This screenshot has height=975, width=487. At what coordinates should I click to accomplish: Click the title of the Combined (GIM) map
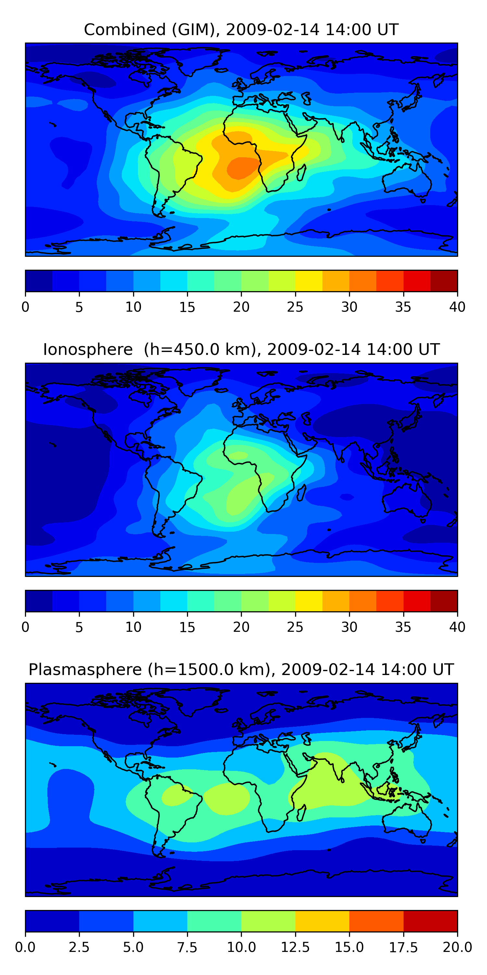(x=241, y=30)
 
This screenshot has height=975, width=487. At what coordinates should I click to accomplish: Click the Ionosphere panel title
(x=241, y=349)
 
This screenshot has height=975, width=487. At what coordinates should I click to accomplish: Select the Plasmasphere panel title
(x=241, y=669)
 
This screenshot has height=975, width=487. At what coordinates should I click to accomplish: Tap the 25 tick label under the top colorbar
(x=295, y=307)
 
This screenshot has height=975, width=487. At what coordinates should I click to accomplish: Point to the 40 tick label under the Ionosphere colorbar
(x=457, y=627)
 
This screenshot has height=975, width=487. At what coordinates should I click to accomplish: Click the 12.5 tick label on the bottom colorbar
(x=295, y=947)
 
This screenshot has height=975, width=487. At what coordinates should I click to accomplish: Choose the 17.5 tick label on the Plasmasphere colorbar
(x=403, y=947)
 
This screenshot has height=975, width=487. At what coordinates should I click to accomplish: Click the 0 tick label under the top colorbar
(x=25, y=307)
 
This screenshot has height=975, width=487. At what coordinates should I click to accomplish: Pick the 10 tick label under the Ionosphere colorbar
(x=133, y=627)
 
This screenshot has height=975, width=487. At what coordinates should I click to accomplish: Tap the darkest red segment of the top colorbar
(x=444, y=281)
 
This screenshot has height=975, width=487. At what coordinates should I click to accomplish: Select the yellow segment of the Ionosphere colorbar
(x=308, y=601)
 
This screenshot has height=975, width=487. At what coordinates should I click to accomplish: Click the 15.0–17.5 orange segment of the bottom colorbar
(x=376, y=921)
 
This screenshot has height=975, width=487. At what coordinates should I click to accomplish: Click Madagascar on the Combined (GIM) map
(x=302, y=173)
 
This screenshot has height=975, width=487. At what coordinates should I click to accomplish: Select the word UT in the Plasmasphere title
(x=443, y=669)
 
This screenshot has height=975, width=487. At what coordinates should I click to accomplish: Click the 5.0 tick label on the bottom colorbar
(x=133, y=947)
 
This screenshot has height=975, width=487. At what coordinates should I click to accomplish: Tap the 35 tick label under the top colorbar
(x=403, y=307)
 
